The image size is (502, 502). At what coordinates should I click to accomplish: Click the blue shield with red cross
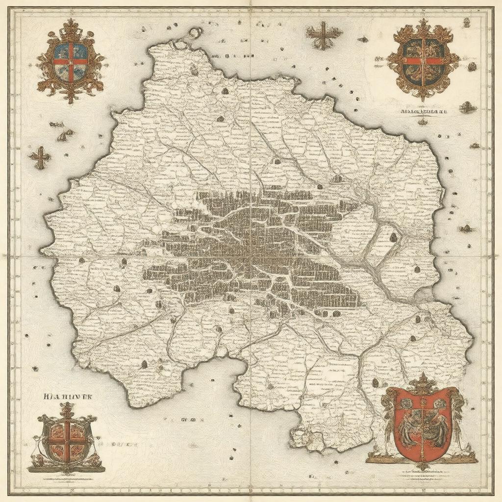pos(72,61)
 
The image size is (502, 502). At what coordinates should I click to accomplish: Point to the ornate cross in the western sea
pos(40,157)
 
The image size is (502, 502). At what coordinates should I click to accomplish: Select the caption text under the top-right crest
pos(421,111)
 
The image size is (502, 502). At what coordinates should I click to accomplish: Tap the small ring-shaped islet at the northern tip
pos(195,33)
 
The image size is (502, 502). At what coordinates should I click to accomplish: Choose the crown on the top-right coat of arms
pos(423,27)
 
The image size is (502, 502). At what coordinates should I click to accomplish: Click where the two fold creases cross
pos(251,255)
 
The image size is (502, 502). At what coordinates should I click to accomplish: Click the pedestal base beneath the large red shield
pos(422,460)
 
